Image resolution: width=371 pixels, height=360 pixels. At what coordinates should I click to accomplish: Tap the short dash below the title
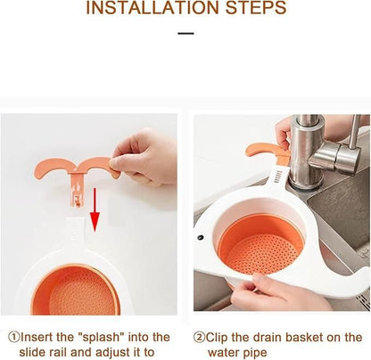(x=185, y=34)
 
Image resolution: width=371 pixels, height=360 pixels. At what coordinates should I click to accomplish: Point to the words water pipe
(x=235, y=352)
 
